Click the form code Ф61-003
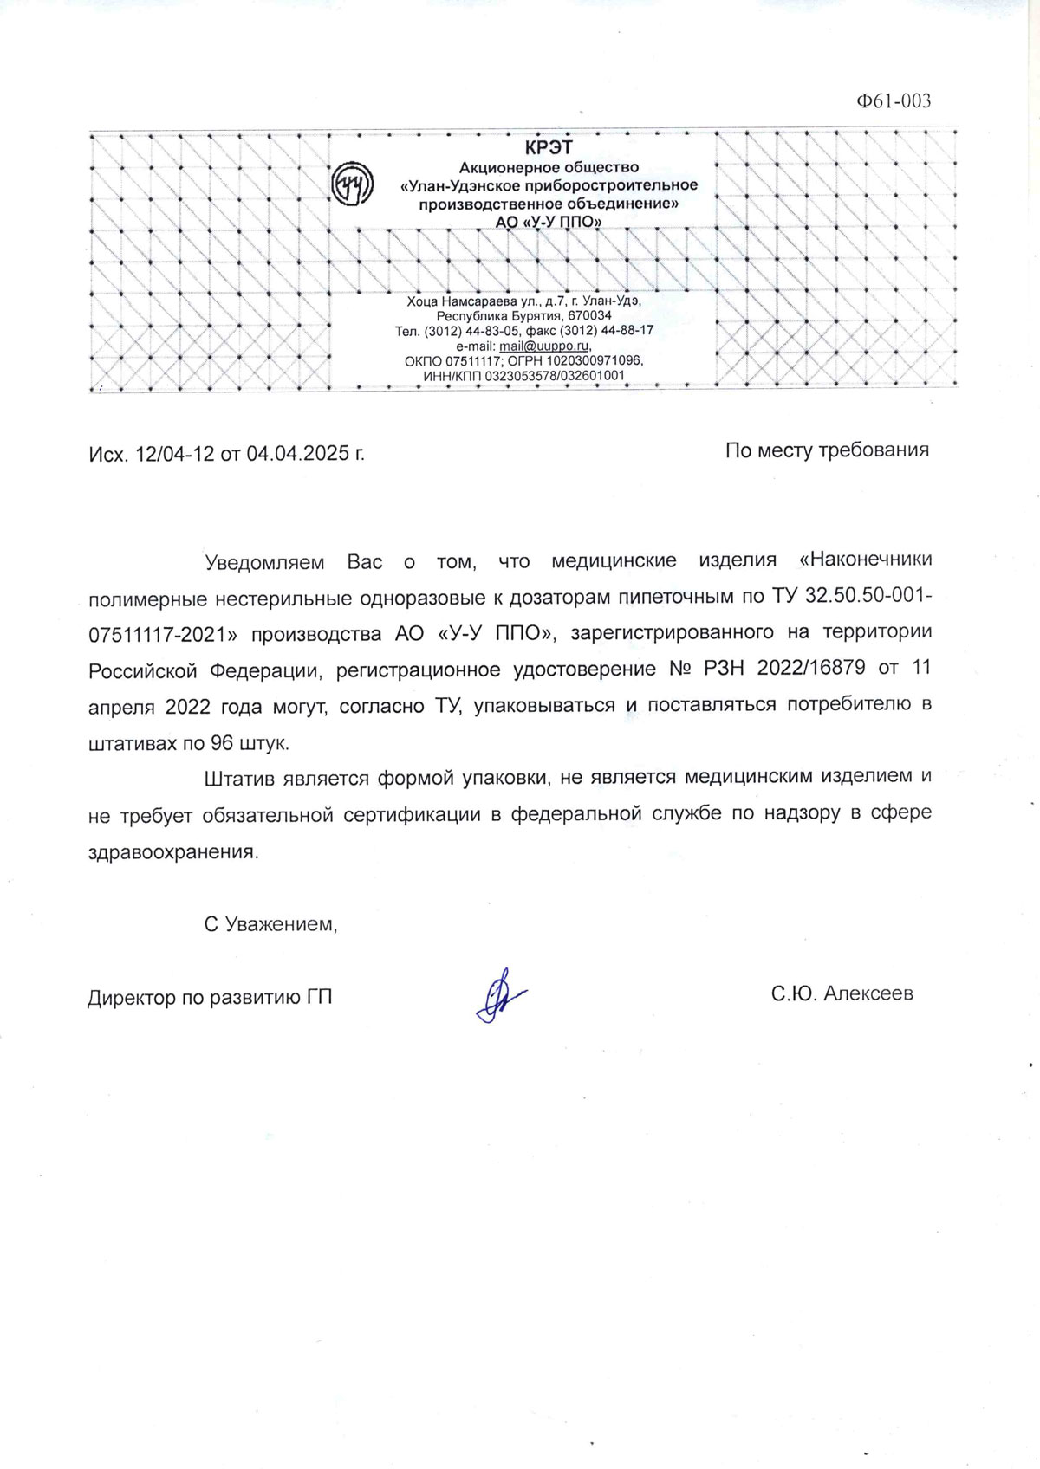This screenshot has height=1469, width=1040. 893,101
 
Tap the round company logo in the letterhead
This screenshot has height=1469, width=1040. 353,184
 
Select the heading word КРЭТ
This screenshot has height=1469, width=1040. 549,148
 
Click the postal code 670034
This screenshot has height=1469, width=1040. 589,316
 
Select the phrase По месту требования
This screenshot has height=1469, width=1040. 827,450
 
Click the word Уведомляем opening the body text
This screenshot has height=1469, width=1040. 263,562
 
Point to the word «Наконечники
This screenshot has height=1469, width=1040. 865,560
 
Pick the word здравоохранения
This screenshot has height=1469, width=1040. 172,851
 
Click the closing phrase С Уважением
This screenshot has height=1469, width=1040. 270,924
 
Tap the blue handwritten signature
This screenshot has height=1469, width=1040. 500,996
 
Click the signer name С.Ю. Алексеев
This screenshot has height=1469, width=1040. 842,993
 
